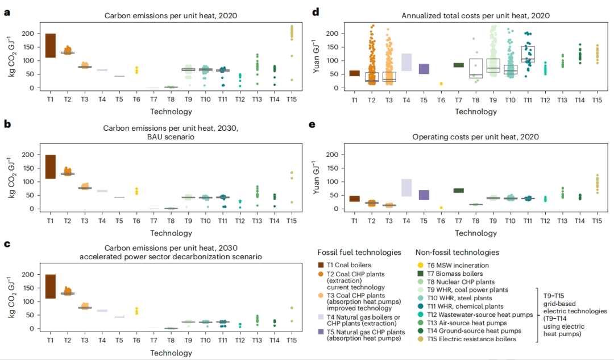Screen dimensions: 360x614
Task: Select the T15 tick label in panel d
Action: coord(597,100)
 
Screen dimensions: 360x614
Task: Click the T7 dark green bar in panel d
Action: coord(458,65)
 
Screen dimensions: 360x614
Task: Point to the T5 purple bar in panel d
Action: coord(424,69)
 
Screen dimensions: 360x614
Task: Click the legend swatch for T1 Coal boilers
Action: coord(321,265)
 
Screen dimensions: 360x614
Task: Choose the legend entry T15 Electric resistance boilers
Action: coord(466,339)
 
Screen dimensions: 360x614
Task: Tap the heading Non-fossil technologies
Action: coord(449,252)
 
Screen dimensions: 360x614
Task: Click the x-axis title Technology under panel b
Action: coord(171,233)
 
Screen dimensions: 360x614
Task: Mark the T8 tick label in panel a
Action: coord(171,100)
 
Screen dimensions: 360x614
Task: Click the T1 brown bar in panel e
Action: coord(354,198)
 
